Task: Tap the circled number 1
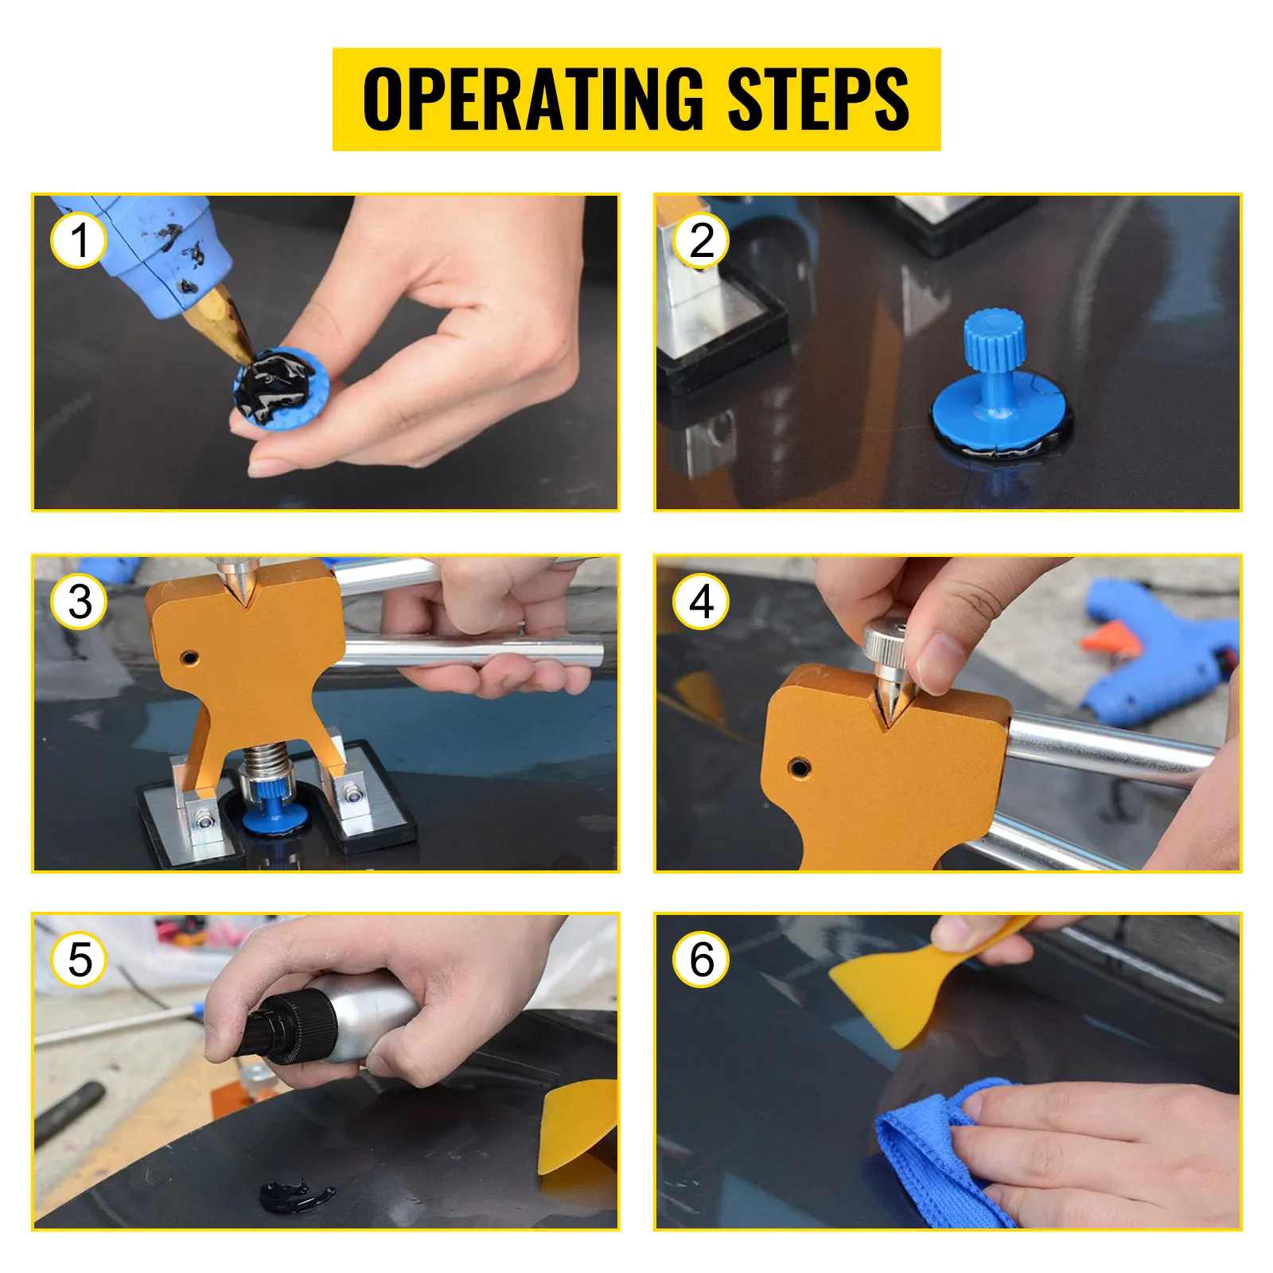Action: click(x=79, y=240)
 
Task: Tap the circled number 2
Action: click(x=701, y=240)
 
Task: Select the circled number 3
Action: click(x=79, y=602)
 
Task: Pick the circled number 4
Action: click(x=701, y=602)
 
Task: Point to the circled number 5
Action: click(x=79, y=960)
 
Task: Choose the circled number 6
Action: click(x=701, y=960)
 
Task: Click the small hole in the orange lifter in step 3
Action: click(x=189, y=657)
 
